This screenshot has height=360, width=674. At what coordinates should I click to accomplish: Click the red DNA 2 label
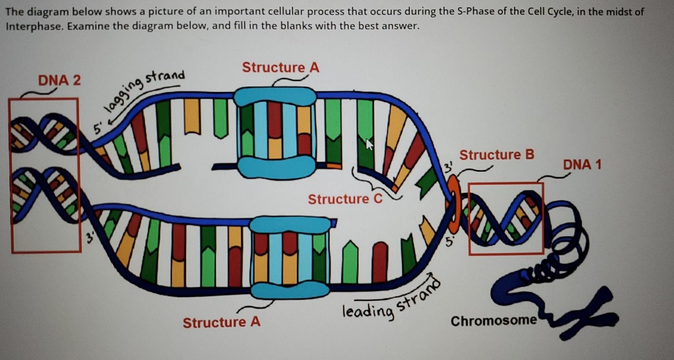59,80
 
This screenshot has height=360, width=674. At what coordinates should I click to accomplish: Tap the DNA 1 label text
582,165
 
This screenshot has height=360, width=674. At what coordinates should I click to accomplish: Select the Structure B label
496,155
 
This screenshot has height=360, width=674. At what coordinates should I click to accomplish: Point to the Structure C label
345,199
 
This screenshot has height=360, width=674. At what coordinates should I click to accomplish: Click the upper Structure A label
280,67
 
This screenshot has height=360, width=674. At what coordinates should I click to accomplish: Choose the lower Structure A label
221,323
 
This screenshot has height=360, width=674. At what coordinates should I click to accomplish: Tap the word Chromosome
493,321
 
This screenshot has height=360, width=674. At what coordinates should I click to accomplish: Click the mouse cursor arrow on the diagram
369,144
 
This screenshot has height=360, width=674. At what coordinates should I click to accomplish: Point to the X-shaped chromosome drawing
587,312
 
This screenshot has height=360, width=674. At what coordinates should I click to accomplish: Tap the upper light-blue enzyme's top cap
275,97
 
